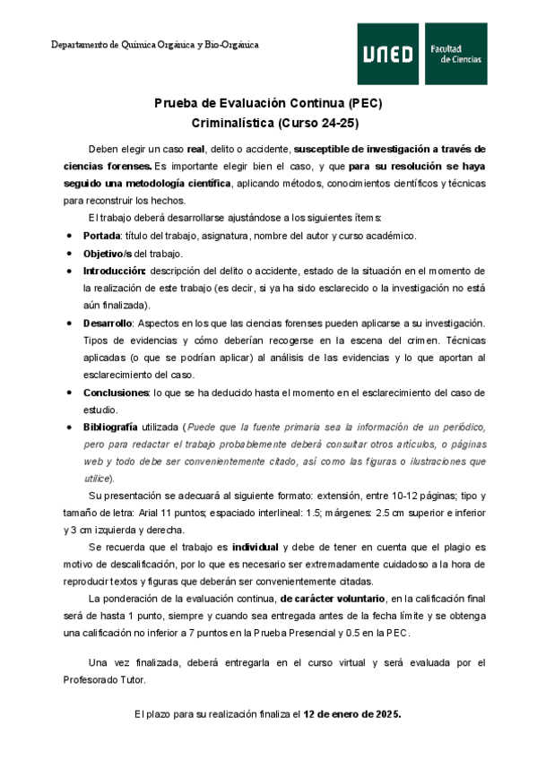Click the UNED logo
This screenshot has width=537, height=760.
click(x=389, y=55)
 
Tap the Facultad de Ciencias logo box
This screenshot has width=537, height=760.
click(x=455, y=55)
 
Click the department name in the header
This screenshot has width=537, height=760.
click(x=155, y=44)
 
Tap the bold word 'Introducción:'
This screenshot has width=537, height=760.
click(x=115, y=270)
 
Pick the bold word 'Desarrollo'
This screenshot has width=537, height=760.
click(x=108, y=322)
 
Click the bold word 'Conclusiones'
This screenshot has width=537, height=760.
click(x=115, y=392)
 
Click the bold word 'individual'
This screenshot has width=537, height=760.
click(x=256, y=546)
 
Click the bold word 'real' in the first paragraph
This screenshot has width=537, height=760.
click(x=196, y=148)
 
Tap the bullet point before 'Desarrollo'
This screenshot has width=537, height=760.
click(x=70, y=323)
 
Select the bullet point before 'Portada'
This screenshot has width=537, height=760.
click(x=70, y=236)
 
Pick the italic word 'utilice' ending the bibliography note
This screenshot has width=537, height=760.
click(x=96, y=479)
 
